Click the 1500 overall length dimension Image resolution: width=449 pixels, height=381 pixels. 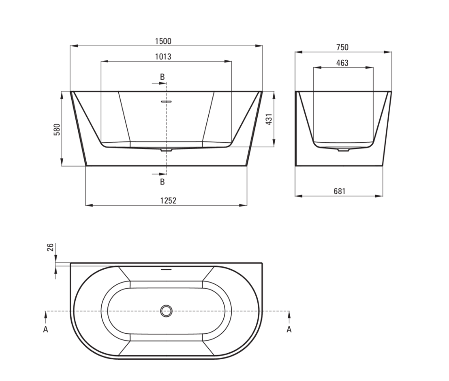point(163,41)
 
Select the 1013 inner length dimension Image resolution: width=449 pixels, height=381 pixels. point(163,57)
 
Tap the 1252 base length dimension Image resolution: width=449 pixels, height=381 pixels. point(168,200)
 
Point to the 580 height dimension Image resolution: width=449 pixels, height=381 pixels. point(57,129)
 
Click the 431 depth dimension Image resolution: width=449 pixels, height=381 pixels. point(269,119)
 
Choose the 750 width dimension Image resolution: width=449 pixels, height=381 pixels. point(343,47)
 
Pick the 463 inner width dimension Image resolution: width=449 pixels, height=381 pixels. point(343,63)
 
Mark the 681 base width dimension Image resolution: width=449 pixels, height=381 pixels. point(340,191)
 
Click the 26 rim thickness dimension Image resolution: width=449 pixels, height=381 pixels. point(50,247)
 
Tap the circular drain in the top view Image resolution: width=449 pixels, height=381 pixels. point(166,311)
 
